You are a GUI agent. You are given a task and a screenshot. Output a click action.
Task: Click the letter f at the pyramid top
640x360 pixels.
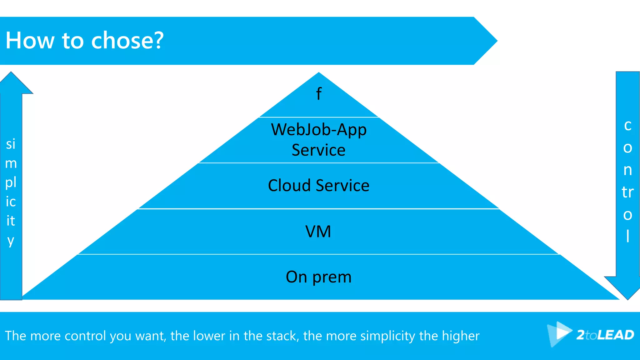point(318,94)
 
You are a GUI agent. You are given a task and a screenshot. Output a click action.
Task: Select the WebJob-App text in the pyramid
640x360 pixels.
point(318,130)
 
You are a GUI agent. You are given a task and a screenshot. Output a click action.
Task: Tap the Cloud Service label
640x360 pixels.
point(318,186)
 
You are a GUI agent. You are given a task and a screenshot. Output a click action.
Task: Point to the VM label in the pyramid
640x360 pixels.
point(318,232)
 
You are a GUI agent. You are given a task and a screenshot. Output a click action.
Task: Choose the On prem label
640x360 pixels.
point(318,277)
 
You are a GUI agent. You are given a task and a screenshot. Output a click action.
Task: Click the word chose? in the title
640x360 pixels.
point(127,41)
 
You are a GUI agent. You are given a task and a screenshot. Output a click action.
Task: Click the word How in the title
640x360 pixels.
point(30,41)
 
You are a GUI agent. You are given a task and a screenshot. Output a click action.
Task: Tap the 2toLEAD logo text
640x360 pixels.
point(605,335)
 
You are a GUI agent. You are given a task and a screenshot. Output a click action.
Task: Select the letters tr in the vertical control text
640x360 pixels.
point(627,192)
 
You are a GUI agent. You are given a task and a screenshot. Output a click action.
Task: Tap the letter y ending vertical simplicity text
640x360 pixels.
point(11,241)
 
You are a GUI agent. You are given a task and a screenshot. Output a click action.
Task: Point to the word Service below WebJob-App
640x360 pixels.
point(318,150)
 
